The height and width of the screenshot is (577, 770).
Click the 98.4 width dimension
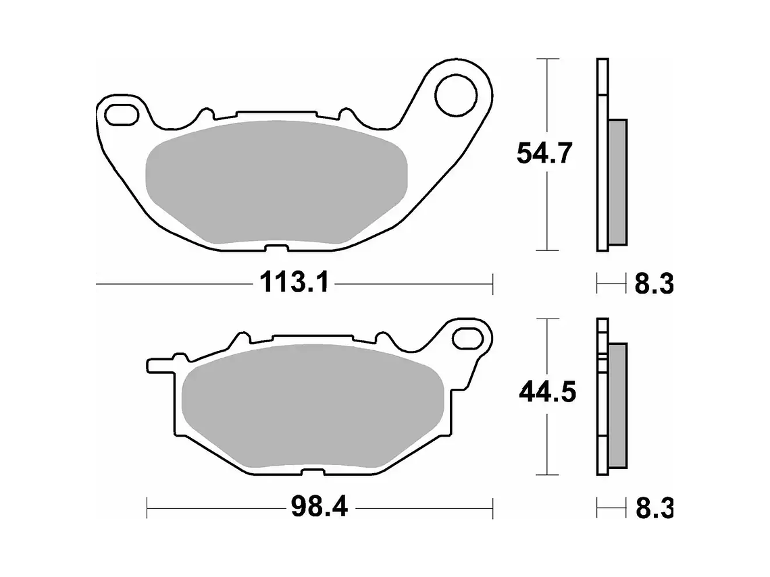[x=319, y=505]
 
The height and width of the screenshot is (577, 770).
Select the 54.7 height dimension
[x=544, y=155]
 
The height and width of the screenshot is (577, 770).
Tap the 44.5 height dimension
[x=547, y=391]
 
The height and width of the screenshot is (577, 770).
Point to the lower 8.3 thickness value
[x=652, y=507]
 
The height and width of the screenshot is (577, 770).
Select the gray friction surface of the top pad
[x=277, y=182]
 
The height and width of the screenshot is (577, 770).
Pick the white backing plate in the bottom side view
[x=602, y=405]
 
